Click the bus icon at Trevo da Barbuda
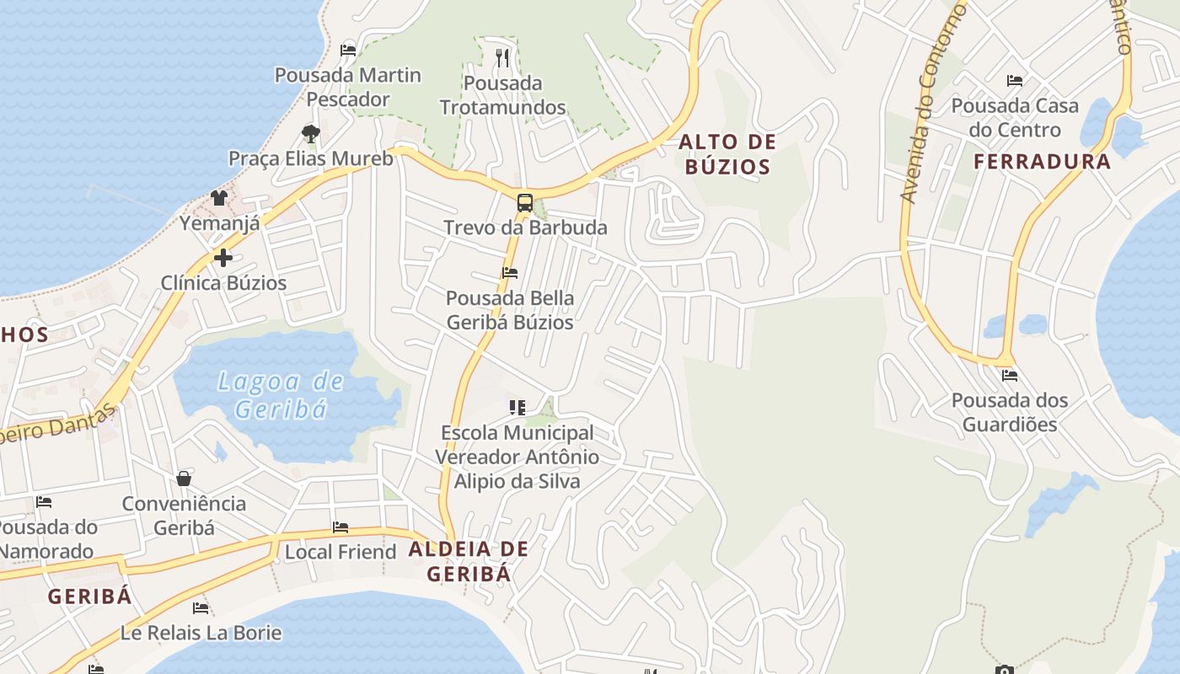pos(524,202)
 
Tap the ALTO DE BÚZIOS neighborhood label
pos(727,154)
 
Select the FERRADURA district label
pos(1043,162)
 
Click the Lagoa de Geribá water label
pos(281,395)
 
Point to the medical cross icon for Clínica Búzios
pos(223,258)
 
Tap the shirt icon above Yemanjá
pos(219,198)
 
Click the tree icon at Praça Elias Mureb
pos(310,133)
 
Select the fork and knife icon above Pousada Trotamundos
pos(503,57)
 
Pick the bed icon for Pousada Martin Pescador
pos(347,50)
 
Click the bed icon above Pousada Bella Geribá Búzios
pos(509,272)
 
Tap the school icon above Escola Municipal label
pos(518,408)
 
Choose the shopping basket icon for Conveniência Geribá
pos(184,479)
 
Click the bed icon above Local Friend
pos(341,527)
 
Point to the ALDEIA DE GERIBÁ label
pos(469,561)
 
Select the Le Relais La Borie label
pos(201,632)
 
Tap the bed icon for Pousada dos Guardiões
pos(1009,376)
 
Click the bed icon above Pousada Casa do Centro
pos(1015,81)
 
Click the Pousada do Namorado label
pos(46,539)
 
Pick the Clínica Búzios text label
pos(223,283)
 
